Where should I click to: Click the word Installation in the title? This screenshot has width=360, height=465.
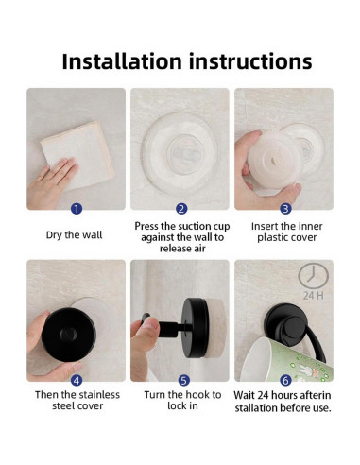122,61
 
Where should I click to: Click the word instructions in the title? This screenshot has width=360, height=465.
250,61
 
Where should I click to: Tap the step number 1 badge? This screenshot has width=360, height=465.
77,209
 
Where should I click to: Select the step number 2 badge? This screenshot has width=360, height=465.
181,209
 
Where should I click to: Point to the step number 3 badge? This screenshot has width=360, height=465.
285,209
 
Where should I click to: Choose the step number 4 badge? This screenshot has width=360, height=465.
77,381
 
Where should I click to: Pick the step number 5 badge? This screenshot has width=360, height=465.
183,381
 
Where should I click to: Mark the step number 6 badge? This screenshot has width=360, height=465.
285,381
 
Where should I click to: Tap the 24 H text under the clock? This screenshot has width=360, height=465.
314,296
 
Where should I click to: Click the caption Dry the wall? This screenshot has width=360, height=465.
75,235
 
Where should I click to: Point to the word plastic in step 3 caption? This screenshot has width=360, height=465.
273,237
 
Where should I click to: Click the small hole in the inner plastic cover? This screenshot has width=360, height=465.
273,162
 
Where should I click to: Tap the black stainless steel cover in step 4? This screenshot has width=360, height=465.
69,335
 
